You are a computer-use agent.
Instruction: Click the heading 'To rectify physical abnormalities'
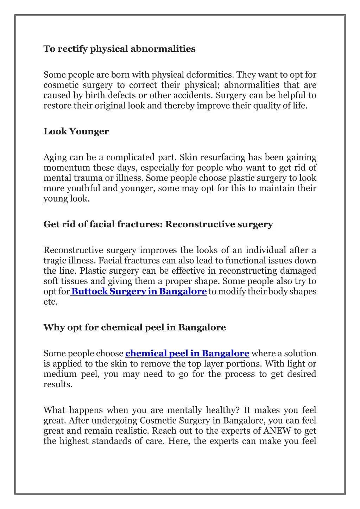(119, 49)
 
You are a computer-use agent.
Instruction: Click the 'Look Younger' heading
(76, 131)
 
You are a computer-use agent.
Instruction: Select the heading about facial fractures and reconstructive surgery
(158, 224)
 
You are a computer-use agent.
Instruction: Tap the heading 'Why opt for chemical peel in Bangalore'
(134, 327)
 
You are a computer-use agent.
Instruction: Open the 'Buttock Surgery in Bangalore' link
(139, 292)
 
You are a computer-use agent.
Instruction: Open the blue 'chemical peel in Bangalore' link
(187, 353)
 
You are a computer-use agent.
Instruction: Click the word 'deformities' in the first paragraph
(210, 75)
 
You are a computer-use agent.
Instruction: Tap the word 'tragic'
(52, 261)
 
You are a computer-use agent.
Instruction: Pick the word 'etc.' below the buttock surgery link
(50, 302)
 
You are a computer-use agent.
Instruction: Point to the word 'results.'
(58, 384)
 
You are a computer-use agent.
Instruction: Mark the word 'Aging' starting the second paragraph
(55, 158)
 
